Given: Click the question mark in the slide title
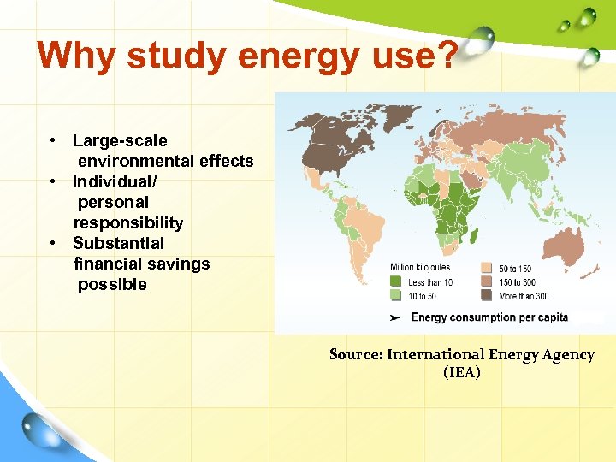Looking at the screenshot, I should tap(446, 56).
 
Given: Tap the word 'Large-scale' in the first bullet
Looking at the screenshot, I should tap(120, 140).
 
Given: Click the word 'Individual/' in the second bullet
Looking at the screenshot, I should tap(115, 181).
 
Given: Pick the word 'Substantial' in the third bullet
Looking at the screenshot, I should tap(118, 243).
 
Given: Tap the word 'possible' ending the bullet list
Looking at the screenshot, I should tap(112, 284).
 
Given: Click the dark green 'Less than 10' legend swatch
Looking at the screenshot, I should tap(397, 281).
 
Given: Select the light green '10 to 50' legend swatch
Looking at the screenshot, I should tap(397, 295).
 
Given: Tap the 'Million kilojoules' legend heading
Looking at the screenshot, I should tap(420, 268).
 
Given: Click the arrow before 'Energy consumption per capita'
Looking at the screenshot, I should tap(395, 317).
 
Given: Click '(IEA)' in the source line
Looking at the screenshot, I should tap(462, 372).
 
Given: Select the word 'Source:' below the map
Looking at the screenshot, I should tap(356, 354).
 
